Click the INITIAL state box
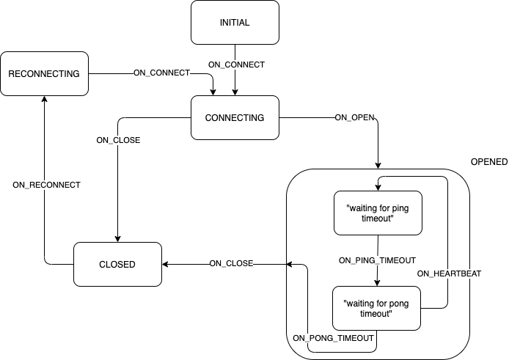(x=235, y=22)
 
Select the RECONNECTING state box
(x=44, y=73)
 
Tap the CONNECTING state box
(x=235, y=117)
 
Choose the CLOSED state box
(x=117, y=264)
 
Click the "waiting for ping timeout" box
(x=378, y=213)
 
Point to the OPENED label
(x=488, y=161)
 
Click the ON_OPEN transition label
(x=354, y=117)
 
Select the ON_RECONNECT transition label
(x=46, y=185)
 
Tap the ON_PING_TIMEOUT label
(x=377, y=260)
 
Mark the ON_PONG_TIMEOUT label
(x=334, y=338)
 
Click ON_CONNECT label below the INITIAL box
(x=236, y=65)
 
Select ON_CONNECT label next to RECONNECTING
(x=161, y=73)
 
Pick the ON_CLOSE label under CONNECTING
(x=118, y=140)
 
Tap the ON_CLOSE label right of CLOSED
(x=231, y=264)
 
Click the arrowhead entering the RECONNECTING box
(x=44, y=99)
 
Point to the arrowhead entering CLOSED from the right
(x=166, y=264)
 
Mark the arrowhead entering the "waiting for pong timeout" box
(x=378, y=282)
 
